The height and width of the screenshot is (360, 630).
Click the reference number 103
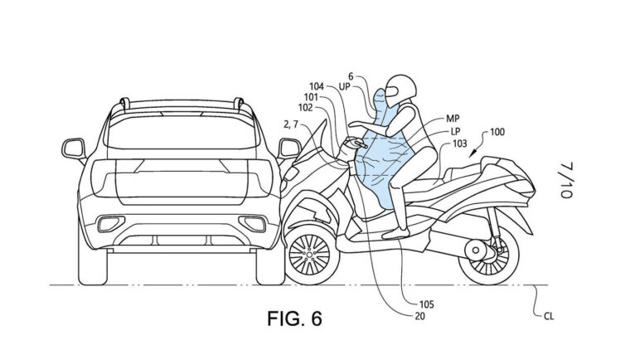[458, 144]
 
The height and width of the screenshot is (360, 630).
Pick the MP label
[453, 119]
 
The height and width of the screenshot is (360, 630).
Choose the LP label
[454, 130]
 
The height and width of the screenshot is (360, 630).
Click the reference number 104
[317, 86]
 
